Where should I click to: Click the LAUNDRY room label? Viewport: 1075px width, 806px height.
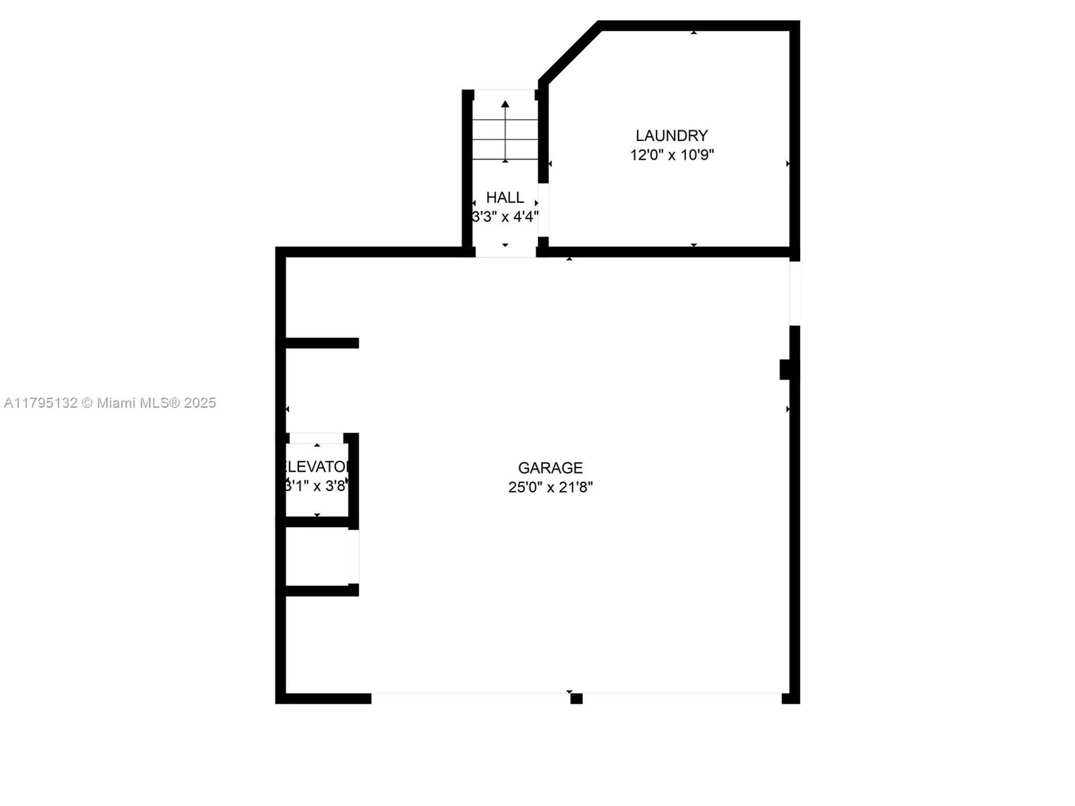coord(671,135)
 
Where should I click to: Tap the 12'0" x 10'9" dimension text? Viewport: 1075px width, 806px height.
coord(671,155)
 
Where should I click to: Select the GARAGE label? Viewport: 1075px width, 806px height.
coord(550,467)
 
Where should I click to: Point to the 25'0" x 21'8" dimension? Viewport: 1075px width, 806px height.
coord(550,487)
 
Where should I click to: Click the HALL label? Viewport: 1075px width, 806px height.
coord(504,198)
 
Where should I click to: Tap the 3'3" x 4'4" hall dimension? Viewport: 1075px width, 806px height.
coord(504,217)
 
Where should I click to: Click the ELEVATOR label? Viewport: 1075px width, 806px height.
coord(317,467)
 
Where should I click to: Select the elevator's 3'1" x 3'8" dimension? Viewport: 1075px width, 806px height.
coord(317,486)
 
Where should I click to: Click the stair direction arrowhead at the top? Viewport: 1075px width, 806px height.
coord(505,104)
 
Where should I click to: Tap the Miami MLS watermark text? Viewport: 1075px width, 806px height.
coord(110,403)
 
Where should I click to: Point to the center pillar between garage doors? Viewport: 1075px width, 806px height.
coord(576,698)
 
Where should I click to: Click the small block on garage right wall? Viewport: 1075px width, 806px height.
coord(786,369)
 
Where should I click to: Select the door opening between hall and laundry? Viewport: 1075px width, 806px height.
coord(543,210)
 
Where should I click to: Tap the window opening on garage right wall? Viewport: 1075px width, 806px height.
coord(794,293)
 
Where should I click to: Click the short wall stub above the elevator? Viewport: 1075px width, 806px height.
coord(321,343)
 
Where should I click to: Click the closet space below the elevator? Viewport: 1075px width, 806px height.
coord(317,557)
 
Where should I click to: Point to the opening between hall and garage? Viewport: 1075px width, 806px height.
coord(505,252)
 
